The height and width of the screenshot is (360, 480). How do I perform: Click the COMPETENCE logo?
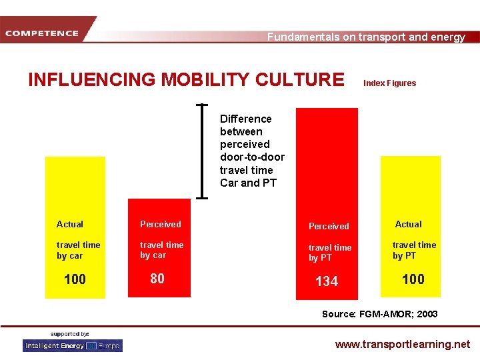[42, 33]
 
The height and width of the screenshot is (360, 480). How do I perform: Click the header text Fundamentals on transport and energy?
[366, 37]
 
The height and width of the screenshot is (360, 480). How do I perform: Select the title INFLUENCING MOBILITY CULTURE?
[186, 79]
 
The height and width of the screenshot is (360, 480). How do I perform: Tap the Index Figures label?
[389, 83]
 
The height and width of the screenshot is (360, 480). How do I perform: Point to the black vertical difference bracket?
[202, 151]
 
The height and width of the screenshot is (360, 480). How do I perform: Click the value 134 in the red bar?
[327, 281]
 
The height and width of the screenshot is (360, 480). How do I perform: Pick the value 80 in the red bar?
[157, 279]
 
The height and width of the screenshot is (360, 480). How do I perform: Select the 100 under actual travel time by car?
[75, 279]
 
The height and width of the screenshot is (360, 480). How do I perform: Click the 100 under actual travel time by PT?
[413, 279]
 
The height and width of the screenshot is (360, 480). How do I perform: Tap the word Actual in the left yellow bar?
[70, 225]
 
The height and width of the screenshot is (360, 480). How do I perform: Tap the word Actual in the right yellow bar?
[409, 225]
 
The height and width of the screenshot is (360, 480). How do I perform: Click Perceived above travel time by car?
[160, 225]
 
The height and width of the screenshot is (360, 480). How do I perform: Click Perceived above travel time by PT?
[329, 227]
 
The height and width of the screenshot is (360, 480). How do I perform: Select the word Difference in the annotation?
[246, 119]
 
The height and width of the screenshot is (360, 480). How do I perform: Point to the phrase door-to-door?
[252, 157]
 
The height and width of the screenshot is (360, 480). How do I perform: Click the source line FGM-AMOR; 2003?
[380, 314]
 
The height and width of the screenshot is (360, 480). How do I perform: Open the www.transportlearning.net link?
[402, 345]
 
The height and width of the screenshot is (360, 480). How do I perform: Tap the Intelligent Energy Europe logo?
[73, 346]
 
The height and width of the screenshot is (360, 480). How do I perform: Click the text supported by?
[70, 333]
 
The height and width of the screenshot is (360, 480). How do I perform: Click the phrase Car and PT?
[248, 183]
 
